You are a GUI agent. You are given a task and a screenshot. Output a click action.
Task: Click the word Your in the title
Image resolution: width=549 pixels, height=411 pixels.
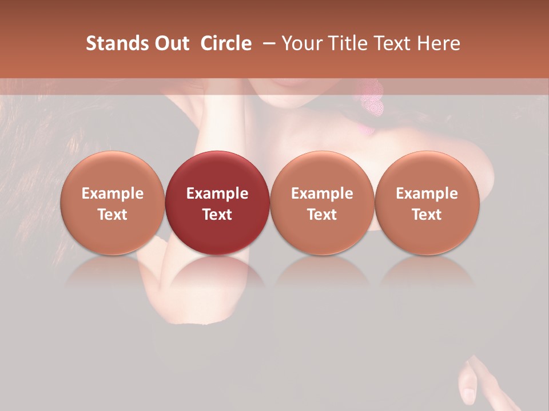(301, 43)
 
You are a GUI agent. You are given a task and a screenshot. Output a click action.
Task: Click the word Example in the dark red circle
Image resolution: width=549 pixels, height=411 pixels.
(217, 194)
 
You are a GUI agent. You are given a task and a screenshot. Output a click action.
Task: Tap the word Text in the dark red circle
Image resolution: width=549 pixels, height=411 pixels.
(217, 215)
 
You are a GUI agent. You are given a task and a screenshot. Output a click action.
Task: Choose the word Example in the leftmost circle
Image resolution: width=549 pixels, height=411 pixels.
(113, 194)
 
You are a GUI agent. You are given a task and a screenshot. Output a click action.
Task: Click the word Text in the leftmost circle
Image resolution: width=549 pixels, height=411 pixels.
(113, 215)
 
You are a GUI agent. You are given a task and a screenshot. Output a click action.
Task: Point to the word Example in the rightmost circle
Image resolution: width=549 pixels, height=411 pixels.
(427, 194)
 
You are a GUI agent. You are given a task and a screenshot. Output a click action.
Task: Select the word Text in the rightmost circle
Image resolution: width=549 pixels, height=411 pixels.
(427, 215)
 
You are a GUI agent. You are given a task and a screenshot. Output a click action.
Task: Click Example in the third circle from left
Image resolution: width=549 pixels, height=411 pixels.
(322, 194)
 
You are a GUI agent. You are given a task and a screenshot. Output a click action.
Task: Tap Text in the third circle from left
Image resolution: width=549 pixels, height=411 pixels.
(322, 215)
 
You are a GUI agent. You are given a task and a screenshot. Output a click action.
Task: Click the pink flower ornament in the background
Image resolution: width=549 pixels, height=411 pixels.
(371, 100)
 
